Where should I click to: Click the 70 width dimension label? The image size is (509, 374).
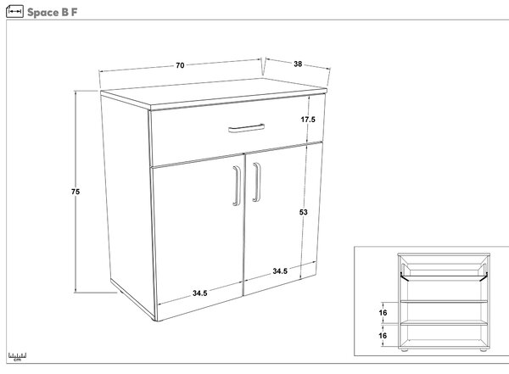click(180, 65)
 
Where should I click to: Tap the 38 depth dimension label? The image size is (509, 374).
click(298, 64)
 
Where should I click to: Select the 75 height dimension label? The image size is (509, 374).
click(76, 192)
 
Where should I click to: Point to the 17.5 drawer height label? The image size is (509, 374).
click(308, 120)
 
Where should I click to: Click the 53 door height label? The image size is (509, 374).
click(303, 212)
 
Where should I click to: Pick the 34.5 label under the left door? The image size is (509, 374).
click(200, 293)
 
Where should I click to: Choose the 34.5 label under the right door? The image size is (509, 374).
click(280, 271)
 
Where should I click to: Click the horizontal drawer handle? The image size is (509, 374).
click(246, 128)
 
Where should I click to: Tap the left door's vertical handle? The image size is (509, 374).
click(237, 186)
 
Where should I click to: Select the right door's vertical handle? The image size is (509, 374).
click(257, 182)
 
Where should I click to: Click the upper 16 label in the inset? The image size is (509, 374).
click(383, 313)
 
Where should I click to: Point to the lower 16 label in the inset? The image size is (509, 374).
click(383, 335)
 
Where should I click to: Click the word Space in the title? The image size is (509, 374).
click(43, 13)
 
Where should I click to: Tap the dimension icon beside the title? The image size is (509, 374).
click(14, 12)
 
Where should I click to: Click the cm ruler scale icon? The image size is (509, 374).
click(18, 357)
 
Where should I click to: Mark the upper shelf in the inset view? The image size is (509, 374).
click(444, 302)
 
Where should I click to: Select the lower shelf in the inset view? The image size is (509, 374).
click(444, 323)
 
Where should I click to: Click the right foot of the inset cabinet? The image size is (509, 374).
click(483, 350)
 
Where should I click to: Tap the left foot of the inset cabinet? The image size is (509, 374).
click(405, 350)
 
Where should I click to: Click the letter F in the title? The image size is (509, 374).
click(75, 13)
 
